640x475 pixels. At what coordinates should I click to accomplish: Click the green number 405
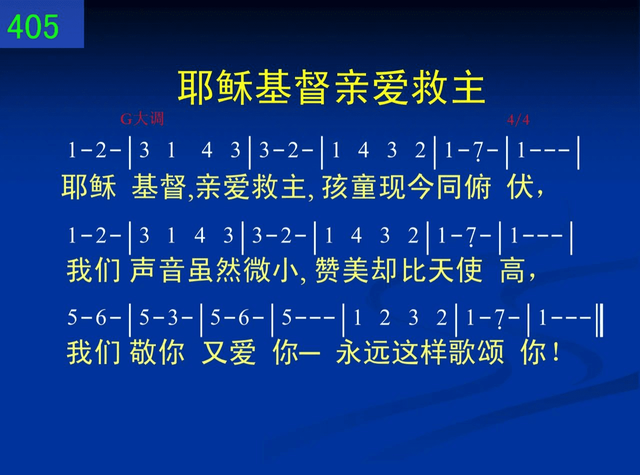(32, 27)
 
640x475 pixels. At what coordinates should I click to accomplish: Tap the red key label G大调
(142, 119)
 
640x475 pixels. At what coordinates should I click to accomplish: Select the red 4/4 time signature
(518, 120)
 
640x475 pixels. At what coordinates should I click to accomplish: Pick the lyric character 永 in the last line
(349, 352)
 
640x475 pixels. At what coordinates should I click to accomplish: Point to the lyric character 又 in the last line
(214, 352)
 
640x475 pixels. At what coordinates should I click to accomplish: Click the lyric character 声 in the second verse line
(143, 270)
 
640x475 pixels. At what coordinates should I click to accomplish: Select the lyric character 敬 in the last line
(143, 352)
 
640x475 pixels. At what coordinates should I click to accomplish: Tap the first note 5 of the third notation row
(72, 317)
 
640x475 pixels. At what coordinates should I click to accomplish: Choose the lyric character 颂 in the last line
(491, 352)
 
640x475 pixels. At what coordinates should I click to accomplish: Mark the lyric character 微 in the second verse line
(256, 270)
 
